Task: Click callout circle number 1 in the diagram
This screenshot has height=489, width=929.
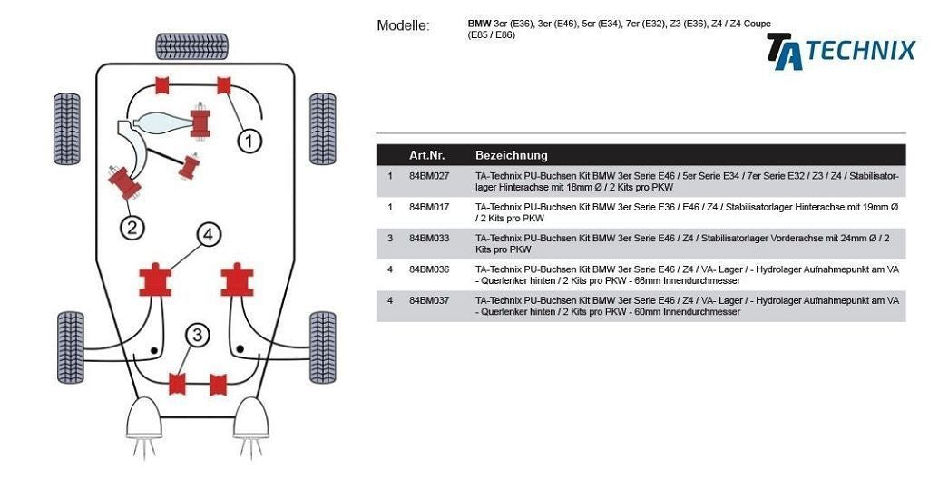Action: pyautogui.click(x=249, y=141)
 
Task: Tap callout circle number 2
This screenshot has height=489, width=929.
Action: pyautogui.click(x=132, y=227)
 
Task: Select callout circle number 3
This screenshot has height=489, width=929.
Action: pyautogui.click(x=197, y=336)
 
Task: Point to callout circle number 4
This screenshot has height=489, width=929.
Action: pyautogui.click(x=208, y=236)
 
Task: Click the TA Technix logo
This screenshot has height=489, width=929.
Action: pyautogui.click(x=841, y=51)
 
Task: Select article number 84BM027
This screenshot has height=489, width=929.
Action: pyautogui.click(x=429, y=176)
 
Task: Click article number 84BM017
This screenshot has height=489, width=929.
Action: pyautogui.click(x=429, y=208)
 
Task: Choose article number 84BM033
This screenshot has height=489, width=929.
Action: pyautogui.click(x=429, y=239)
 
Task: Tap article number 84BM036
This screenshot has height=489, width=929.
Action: pyautogui.click(x=429, y=269)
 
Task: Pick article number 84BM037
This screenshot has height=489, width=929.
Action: pyautogui.click(x=429, y=300)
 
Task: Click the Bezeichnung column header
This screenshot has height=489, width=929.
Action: pyautogui.click(x=511, y=155)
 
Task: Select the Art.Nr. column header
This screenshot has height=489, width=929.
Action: pyautogui.click(x=425, y=155)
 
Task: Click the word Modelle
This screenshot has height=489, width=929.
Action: pyautogui.click(x=403, y=25)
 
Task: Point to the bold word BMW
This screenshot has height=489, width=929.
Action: pyautogui.click(x=479, y=24)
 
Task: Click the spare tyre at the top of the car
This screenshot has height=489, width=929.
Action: pyautogui.click(x=191, y=45)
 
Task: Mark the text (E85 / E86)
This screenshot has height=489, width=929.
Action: pyautogui.click(x=492, y=35)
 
